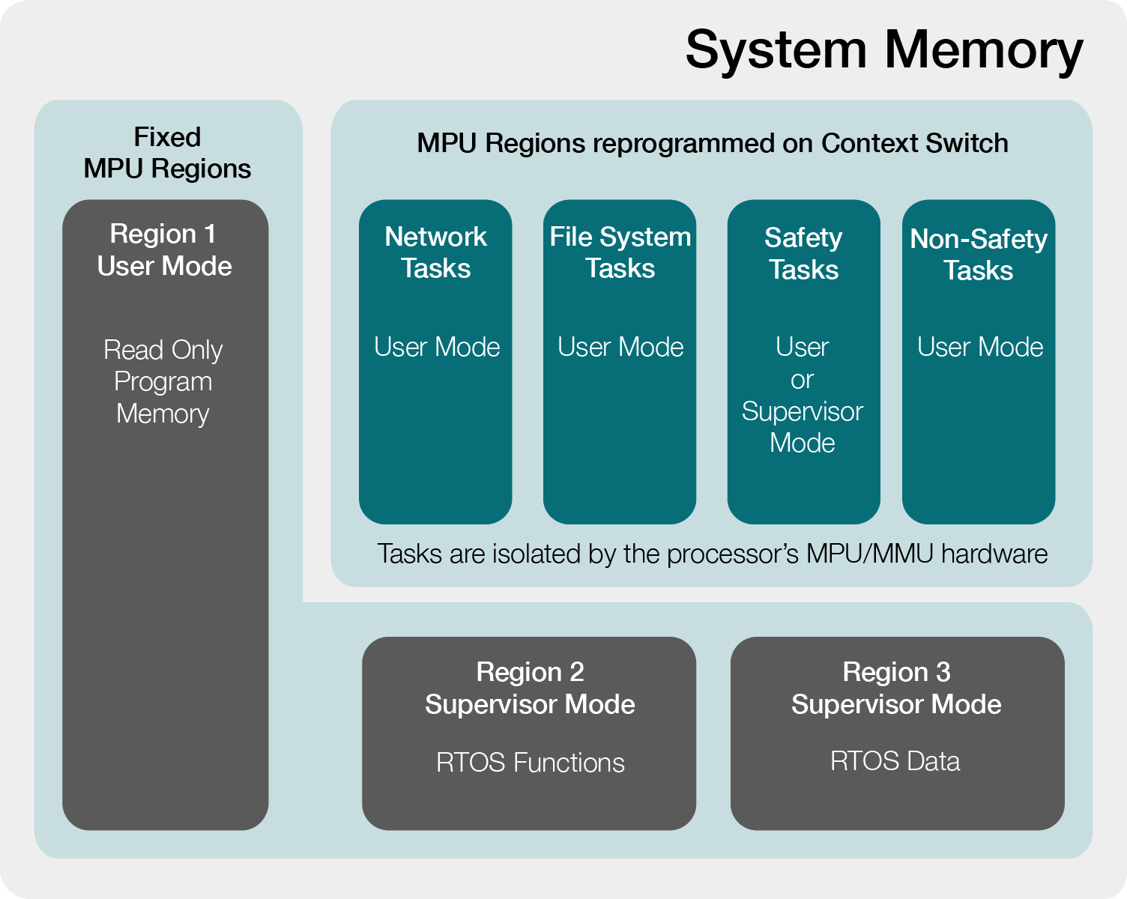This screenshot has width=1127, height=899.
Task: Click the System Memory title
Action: click(x=884, y=51)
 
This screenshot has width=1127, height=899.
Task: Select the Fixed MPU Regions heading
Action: click(x=167, y=153)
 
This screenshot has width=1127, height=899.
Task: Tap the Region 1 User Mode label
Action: click(x=164, y=249)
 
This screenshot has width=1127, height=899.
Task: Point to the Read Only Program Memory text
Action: click(x=163, y=381)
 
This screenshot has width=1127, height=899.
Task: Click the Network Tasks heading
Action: click(x=435, y=252)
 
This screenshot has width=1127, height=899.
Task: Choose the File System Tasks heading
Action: click(x=620, y=252)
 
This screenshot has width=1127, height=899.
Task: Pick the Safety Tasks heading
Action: click(x=803, y=254)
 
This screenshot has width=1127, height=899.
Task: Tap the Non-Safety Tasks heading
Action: click(x=979, y=255)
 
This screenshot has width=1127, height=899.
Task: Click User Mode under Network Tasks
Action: click(x=437, y=347)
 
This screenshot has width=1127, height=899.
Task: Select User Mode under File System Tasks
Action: click(x=620, y=347)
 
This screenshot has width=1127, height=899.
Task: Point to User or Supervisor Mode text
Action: click(x=803, y=395)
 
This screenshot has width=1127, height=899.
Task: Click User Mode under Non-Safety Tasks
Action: click(x=980, y=347)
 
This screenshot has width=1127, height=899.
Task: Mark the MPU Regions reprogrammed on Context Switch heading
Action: click(x=713, y=143)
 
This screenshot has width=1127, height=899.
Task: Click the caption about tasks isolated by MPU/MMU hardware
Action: click(x=712, y=554)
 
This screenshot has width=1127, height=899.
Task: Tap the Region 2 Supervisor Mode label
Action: click(x=530, y=688)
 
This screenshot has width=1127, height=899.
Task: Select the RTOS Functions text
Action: click(x=531, y=763)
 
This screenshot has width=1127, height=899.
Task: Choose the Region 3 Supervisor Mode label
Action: click(x=896, y=688)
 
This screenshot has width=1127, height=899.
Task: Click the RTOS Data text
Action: click(x=895, y=760)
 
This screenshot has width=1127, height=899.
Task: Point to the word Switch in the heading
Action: click(x=967, y=143)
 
